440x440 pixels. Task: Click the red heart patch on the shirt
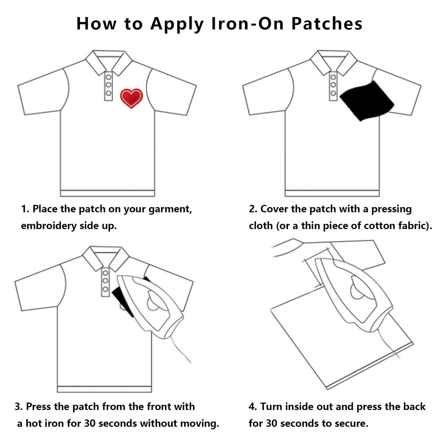tap(131, 98)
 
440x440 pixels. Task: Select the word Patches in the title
tap(327, 24)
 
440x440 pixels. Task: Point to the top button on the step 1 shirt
tap(108, 77)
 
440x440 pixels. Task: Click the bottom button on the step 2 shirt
tap(333, 93)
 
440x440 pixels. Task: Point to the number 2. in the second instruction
tap(253, 210)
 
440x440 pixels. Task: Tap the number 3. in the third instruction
tap(18, 406)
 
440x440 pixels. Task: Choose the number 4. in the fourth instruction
tap(253, 406)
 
